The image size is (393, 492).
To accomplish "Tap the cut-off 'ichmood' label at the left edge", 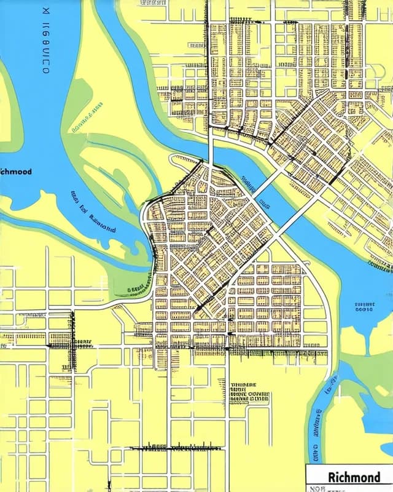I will (16, 172).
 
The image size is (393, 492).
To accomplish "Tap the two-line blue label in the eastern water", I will (364, 307).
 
